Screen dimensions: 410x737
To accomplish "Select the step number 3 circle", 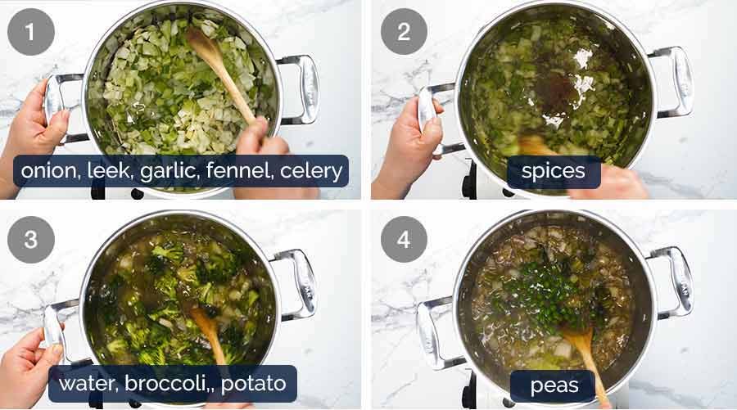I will [31, 240].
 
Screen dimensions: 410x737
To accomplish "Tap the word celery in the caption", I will [311, 172].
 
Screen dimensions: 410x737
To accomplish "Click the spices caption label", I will [553, 172].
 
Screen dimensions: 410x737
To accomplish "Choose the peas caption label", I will [553, 385].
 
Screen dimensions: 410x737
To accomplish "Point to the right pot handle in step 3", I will [298, 282].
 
